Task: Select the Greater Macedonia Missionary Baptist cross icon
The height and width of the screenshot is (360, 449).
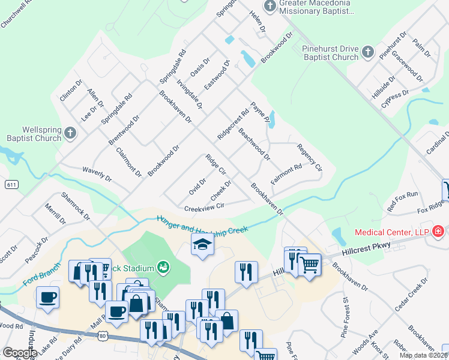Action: pos(270,6)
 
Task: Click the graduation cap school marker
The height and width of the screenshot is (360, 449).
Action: pos(202,244)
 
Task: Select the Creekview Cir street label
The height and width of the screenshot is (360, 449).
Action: pos(203,208)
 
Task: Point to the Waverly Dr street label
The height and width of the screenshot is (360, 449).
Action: pos(97,174)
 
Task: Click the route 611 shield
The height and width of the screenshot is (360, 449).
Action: pos(11,184)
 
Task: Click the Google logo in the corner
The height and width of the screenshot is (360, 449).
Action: pos(19,353)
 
